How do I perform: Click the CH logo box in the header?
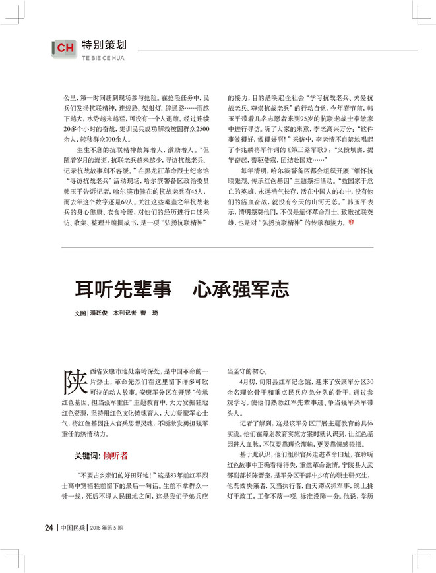pyautogui.click(x=64, y=48)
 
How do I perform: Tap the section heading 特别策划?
pyautogui.click(x=104, y=45)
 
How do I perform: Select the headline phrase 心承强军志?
pyautogui.click(x=240, y=288)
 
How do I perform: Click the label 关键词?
pyautogui.click(x=87, y=455)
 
